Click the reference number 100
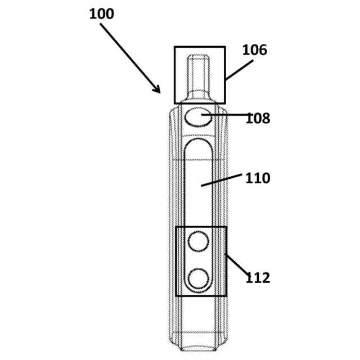(101, 13)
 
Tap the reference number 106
(254, 50)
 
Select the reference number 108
(258, 119)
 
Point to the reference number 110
(258, 178)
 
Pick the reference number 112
(258, 277)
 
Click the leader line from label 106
(238, 70)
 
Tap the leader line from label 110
(222, 180)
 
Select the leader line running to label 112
(237, 265)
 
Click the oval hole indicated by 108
(199, 118)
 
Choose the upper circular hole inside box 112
(198, 241)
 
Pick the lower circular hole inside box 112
(198, 278)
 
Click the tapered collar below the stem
(198, 96)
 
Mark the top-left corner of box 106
(175, 47)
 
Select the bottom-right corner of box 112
(226, 295)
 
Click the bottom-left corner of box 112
(176, 295)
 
